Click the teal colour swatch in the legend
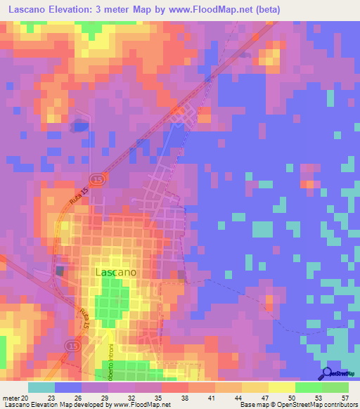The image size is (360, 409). tap(41, 387)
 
